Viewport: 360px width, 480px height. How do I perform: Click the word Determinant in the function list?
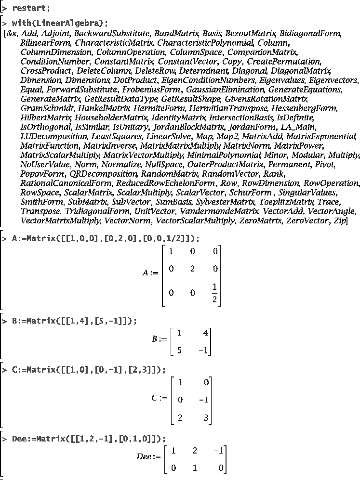pyautogui.click(x=213, y=71)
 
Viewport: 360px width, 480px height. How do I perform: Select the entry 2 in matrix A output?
pyautogui.click(x=193, y=269)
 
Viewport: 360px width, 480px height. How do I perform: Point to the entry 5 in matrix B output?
pyautogui.click(x=179, y=350)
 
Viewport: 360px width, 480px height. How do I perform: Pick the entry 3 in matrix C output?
pyautogui.click(x=206, y=418)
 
